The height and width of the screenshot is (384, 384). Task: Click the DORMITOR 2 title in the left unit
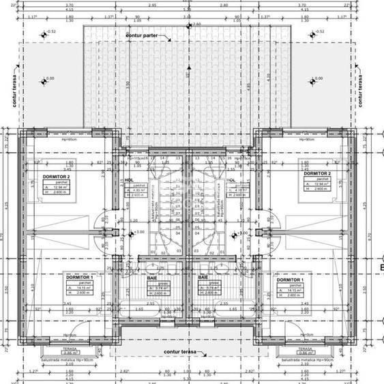(x=57, y=177)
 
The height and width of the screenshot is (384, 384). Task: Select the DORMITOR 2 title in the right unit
(x=317, y=173)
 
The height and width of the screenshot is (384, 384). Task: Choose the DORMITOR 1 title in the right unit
(x=290, y=280)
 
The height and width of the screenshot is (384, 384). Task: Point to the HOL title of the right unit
(x=231, y=181)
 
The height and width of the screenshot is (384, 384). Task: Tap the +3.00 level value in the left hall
(x=139, y=233)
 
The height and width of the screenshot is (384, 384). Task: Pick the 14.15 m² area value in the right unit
(x=293, y=289)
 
